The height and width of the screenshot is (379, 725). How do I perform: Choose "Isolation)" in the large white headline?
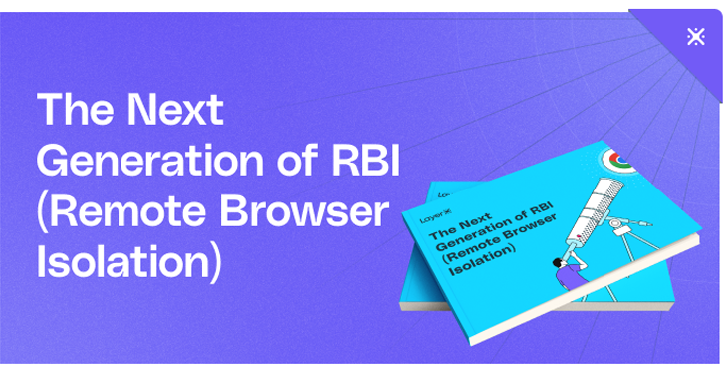coord(127,262)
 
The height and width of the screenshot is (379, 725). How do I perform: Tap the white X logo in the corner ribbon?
coord(696,38)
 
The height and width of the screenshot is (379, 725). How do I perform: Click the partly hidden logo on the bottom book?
coord(446,187)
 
